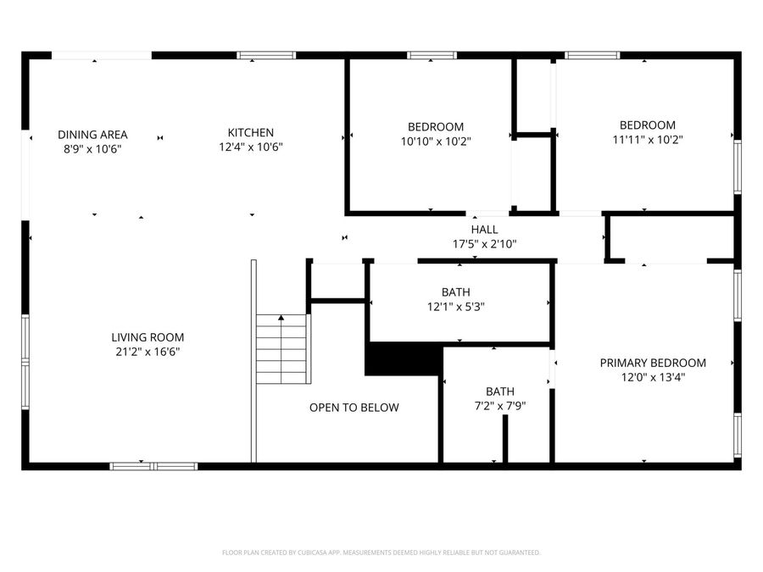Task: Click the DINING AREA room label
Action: click(x=92, y=134)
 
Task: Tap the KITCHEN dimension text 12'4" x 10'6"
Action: click(x=250, y=147)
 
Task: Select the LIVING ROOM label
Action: click(x=148, y=337)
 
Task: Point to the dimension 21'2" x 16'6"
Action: click(x=148, y=352)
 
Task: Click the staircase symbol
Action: click(x=283, y=349)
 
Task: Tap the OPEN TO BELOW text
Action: click(x=354, y=408)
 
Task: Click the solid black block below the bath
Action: click(x=402, y=358)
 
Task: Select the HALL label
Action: click(x=484, y=230)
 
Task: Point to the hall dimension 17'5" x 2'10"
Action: click(x=484, y=244)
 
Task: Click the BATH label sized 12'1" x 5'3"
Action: click(x=462, y=292)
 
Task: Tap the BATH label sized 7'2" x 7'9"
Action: click(x=499, y=392)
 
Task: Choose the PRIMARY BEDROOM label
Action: click(x=653, y=363)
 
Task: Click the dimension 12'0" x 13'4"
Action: click(x=653, y=377)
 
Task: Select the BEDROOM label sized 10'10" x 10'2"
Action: click(x=435, y=126)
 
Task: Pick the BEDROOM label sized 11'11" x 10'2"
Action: click(x=647, y=125)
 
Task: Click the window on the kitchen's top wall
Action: click(x=266, y=56)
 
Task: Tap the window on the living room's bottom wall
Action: click(x=153, y=465)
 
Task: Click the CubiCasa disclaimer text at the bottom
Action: click(x=381, y=553)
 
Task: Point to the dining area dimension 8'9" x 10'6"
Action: click(x=92, y=147)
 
